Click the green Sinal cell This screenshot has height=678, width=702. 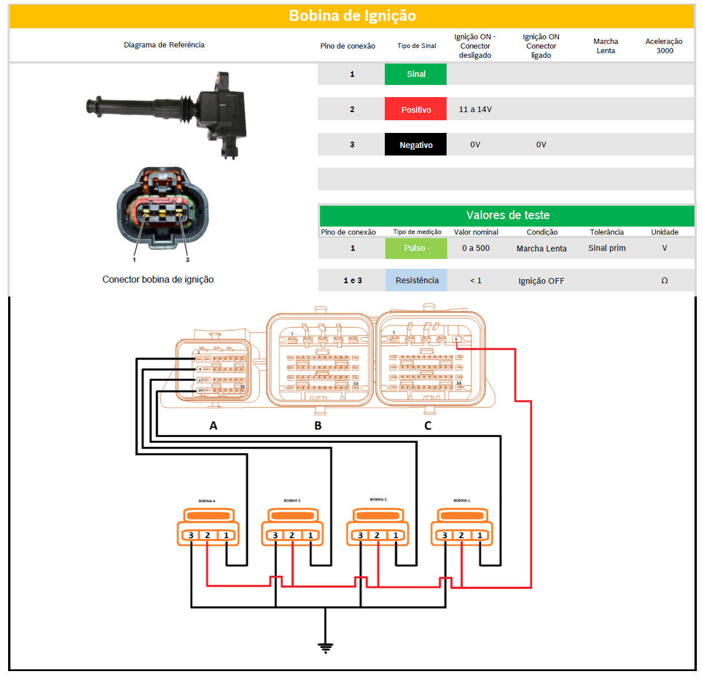coord(415,74)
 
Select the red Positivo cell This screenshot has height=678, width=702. coord(415,109)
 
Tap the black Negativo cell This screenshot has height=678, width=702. coord(415,145)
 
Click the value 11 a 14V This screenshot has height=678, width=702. coord(475,109)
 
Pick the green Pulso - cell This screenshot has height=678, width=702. coord(416,248)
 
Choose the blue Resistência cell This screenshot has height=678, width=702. coord(417,280)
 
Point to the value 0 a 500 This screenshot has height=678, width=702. coord(476,248)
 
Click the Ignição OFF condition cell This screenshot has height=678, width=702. coord(541,281)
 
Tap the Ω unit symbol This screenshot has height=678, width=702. coord(664,280)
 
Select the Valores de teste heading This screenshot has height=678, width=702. coord(507,215)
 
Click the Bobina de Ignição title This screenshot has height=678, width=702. coord(352,16)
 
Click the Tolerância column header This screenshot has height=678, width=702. coord(607,232)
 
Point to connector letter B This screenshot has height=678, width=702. coord(318,425)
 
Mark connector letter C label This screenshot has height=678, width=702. coord(428,425)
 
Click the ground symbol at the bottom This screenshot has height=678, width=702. coord(325,647)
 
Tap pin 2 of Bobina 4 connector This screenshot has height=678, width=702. coord(207,535)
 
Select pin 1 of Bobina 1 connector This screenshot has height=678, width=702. coord(480,535)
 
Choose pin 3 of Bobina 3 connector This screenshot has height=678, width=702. coord(276,535)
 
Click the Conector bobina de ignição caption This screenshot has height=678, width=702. coord(158,279)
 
